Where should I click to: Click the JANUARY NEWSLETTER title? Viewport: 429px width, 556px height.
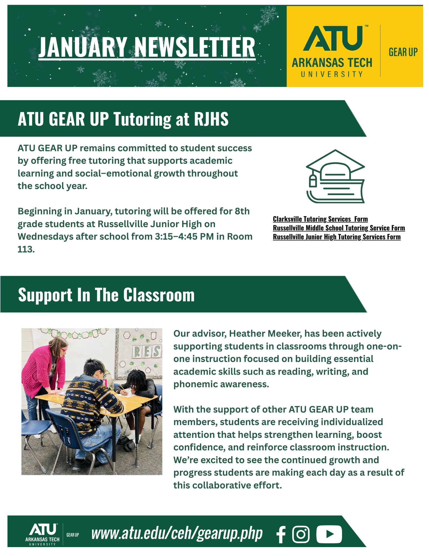tap(147, 47)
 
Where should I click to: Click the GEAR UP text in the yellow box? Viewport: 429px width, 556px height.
tap(403, 52)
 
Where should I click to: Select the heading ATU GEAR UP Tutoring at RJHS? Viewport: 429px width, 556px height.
tap(123, 119)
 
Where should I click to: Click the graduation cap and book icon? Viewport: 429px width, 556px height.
tap(335, 177)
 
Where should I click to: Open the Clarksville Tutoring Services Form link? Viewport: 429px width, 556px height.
tap(320, 219)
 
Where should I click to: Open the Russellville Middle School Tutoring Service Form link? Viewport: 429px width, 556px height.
tap(339, 228)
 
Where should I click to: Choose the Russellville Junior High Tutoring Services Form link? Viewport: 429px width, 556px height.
tap(337, 237)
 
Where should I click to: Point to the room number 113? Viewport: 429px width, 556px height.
tap(26, 249)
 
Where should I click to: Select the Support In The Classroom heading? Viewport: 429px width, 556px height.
tap(106, 295)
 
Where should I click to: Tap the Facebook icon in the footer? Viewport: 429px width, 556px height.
tap(281, 534)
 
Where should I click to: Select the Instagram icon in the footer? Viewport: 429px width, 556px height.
tap(301, 534)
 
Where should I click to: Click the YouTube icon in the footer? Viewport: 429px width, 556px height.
tap(329, 534)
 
